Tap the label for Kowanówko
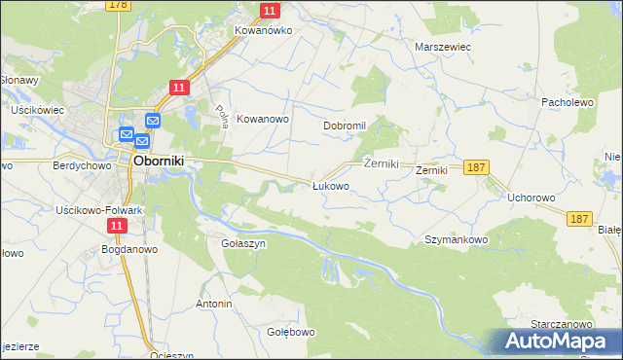(x=263, y=30)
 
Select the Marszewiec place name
(x=443, y=46)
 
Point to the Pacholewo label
(x=567, y=101)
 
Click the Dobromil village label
(x=344, y=126)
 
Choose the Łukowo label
(x=330, y=185)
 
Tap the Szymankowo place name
(x=456, y=238)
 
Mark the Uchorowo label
(x=531, y=197)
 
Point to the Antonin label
(x=214, y=304)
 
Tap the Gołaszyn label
(x=243, y=243)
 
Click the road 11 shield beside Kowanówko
(x=271, y=11)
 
